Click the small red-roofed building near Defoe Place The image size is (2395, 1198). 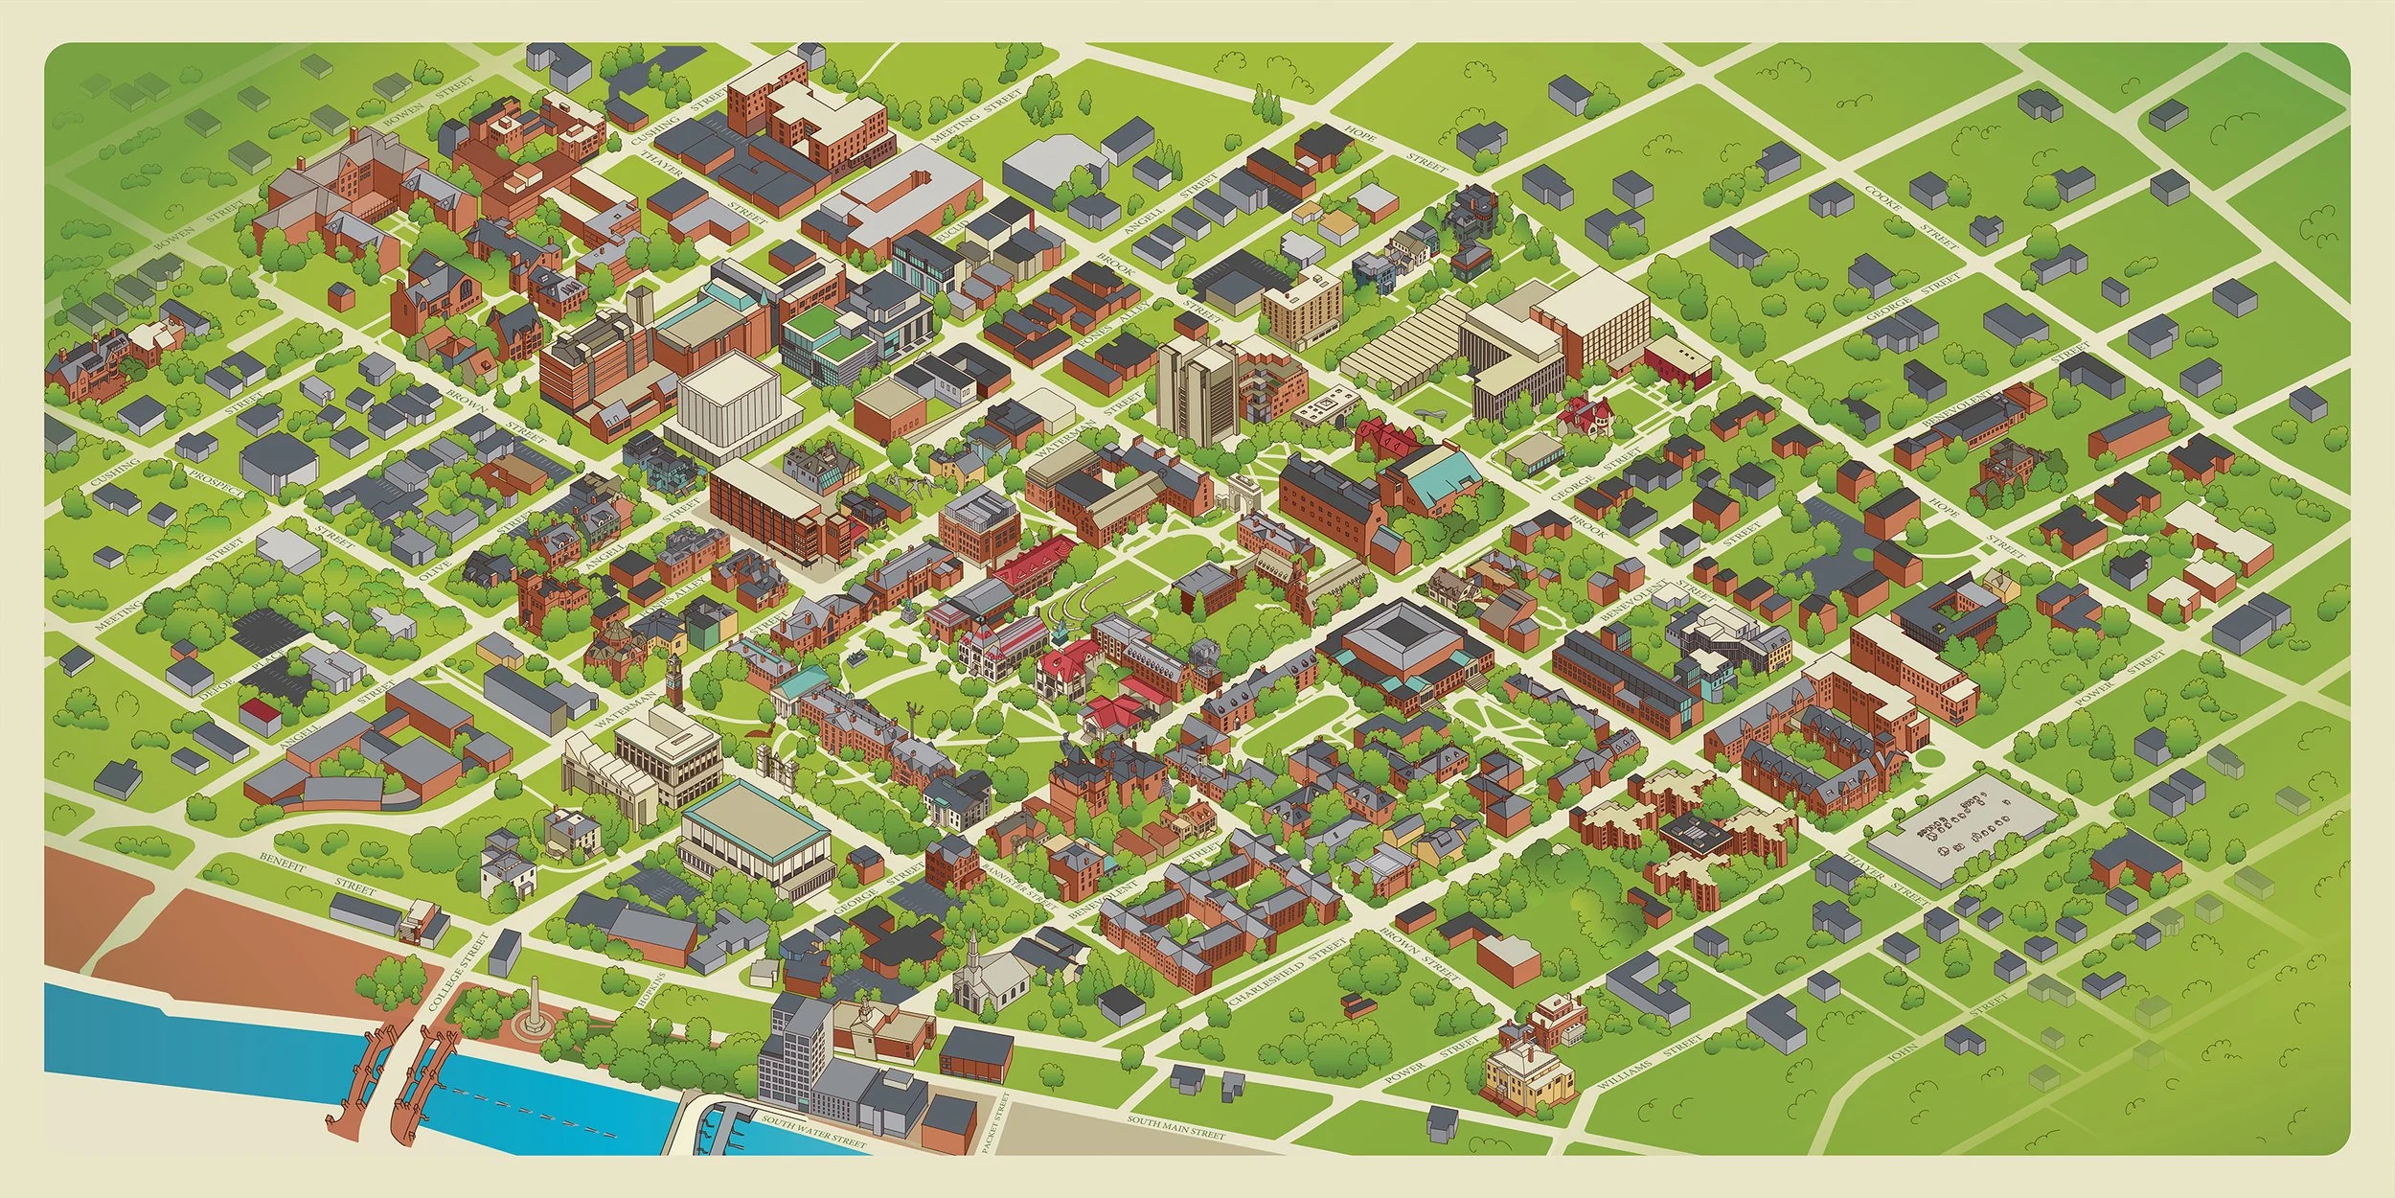256,712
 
